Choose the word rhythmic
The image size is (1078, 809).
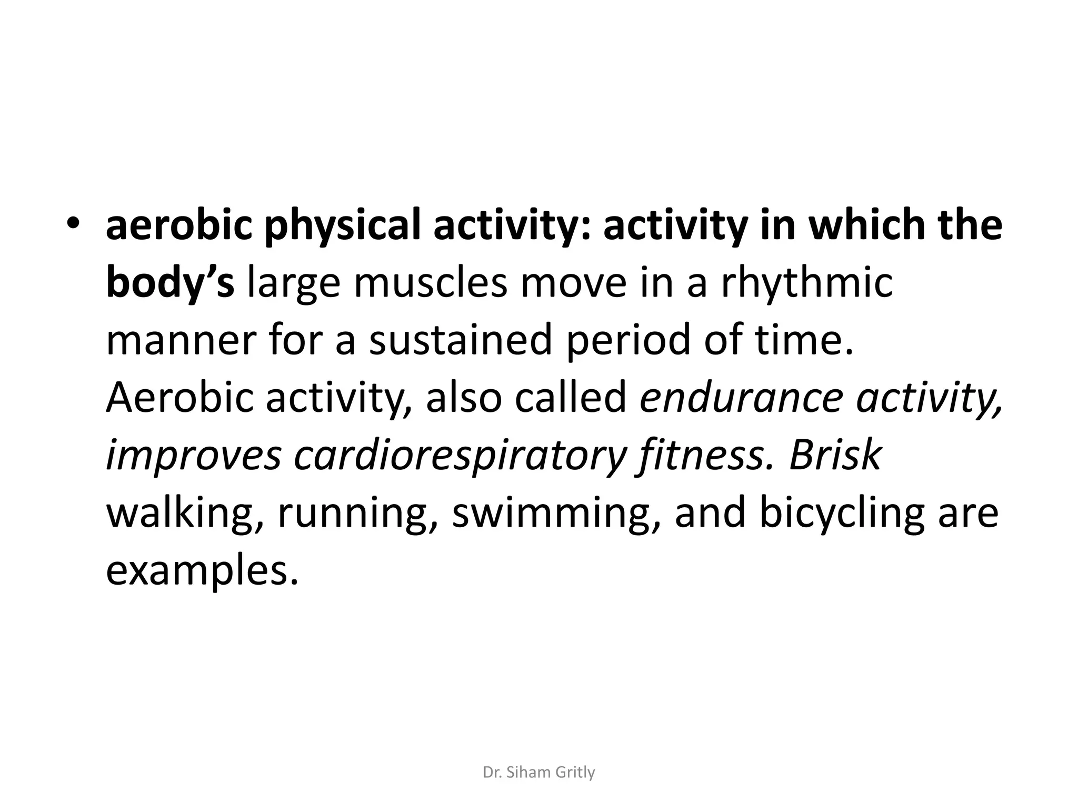pyautogui.click(x=806, y=283)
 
